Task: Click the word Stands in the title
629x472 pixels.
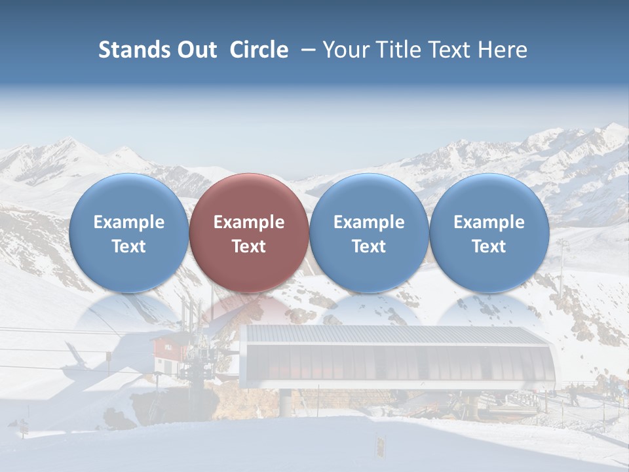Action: pos(129,50)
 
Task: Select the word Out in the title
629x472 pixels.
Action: pos(195,50)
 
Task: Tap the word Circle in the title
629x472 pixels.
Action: pos(259,50)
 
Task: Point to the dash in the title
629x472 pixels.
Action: pos(305,50)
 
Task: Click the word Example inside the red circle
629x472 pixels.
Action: pos(249,222)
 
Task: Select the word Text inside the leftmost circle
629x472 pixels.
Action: pos(128,246)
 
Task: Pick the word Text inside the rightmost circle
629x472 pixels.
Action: pos(489,246)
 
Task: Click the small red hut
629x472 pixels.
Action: pos(168,354)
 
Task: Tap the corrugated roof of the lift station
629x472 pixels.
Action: pos(393,335)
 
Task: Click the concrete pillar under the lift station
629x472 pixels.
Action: pos(287,401)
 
